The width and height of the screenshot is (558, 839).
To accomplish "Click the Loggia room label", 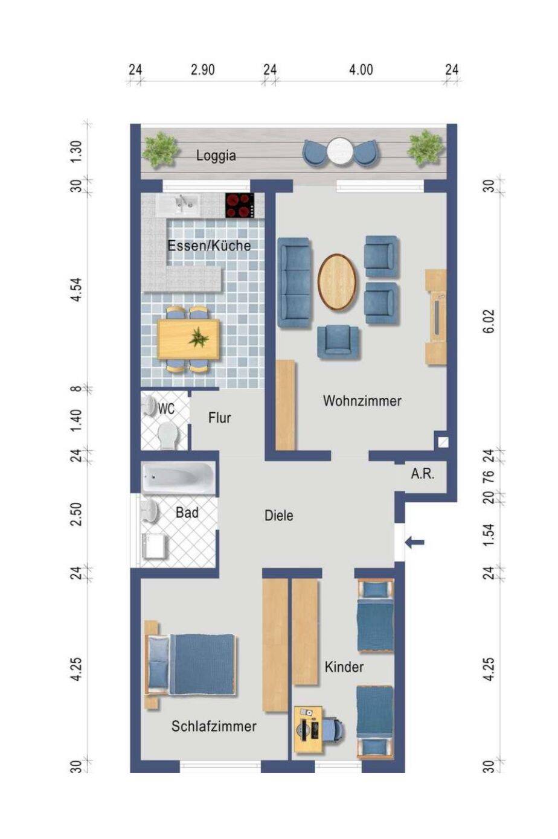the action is click(x=216, y=156).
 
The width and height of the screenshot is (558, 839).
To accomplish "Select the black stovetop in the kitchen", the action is click(x=240, y=205).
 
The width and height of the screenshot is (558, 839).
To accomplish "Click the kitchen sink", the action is click(x=178, y=204).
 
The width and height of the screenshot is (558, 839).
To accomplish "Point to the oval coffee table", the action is click(x=337, y=282).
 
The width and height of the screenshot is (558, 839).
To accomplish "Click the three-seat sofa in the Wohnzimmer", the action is click(x=295, y=282).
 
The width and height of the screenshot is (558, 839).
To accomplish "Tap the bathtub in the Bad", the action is click(x=178, y=477).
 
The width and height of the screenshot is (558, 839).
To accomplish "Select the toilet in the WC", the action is click(x=167, y=435).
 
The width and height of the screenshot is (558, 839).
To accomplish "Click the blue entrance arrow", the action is click(x=414, y=541).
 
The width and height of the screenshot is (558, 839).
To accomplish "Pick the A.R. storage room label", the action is click(x=423, y=474).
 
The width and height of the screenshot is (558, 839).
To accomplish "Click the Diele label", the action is click(x=279, y=515).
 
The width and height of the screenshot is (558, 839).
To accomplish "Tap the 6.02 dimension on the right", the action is click(x=490, y=321).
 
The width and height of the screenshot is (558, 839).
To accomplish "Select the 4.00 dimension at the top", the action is click(x=361, y=69).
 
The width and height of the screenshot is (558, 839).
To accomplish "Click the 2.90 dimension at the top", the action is click(x=203, y=69).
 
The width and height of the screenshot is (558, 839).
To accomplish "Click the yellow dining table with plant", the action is click(x=188, y=339).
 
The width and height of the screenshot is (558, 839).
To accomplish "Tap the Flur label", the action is click(x=220, y=418).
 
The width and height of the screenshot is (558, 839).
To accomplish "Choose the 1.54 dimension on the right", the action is click(x=490, y=535).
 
